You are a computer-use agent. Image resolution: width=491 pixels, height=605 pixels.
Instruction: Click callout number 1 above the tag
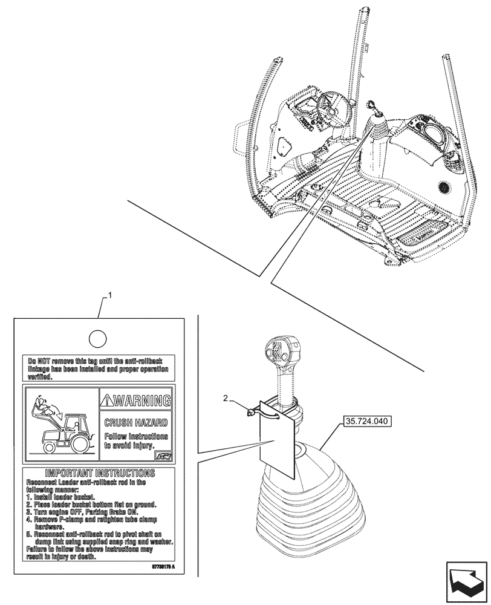pyautogui.click(x=110, y=295)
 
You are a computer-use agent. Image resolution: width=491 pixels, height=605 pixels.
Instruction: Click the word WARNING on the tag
pyautogui.click(x=141, y=400)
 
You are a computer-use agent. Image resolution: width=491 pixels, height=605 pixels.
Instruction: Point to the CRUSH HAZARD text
pyautogui.click(x=136, y=422)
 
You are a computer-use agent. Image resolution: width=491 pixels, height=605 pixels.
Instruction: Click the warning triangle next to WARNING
pyautogui.click(x=108, y=400)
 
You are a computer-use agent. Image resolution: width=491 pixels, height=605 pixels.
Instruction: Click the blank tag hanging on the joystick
pyautogui.click(x=276, y=442)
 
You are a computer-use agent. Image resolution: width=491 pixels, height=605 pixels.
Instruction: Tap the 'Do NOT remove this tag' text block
pyautogui.click(x=98, y=367)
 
